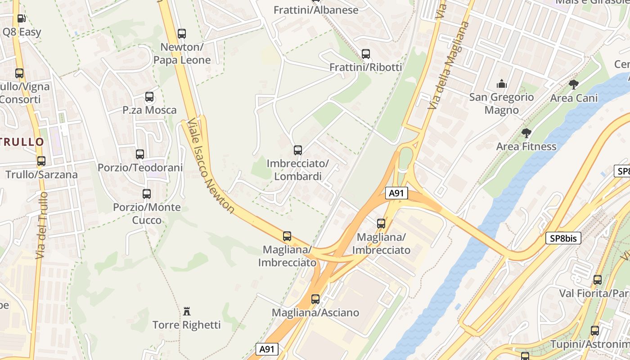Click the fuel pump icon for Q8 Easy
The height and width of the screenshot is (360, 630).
pos(21,18)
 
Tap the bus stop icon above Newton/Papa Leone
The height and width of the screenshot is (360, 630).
pos(182,33)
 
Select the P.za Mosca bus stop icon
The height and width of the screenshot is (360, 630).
pos(149,97)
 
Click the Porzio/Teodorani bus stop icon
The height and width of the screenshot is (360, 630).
pos(140,154)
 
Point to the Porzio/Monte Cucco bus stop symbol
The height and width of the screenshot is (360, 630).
pos(147,194)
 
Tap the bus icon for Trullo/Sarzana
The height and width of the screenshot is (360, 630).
pos(41,161)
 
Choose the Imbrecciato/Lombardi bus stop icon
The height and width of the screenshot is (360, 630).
pos(297,150)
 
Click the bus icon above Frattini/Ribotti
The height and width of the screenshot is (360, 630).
pos(366,54)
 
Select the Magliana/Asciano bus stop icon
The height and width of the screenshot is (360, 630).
pos(315,299)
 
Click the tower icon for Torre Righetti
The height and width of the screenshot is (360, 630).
pos(187,311)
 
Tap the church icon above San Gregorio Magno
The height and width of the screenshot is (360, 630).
pos(501,84)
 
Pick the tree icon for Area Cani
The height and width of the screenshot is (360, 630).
pos(574,84)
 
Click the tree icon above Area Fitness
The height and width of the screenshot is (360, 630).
pos(526,133)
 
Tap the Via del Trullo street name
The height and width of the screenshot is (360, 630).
pos(42,225)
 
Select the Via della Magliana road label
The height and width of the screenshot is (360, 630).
pos(448,65)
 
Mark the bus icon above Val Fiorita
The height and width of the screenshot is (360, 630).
pos(598,279)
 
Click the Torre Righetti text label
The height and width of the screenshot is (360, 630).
pos(187,325)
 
